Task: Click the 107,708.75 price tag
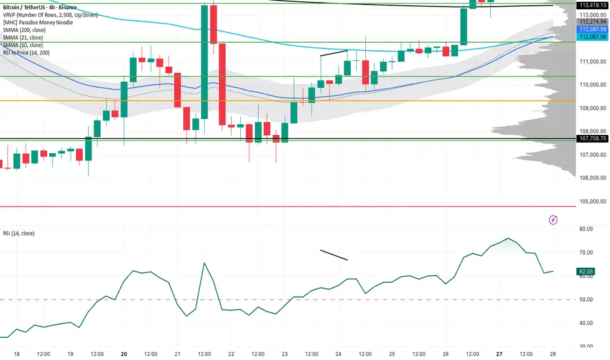[591, 139]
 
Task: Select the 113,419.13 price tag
[591, 6]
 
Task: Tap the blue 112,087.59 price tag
[591, 29]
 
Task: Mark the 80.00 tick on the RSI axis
[586, 229]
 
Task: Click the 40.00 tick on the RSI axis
[586, 323]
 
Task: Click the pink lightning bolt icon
[554, 220]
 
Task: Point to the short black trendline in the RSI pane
[334, 255]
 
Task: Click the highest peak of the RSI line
[508, 238]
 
